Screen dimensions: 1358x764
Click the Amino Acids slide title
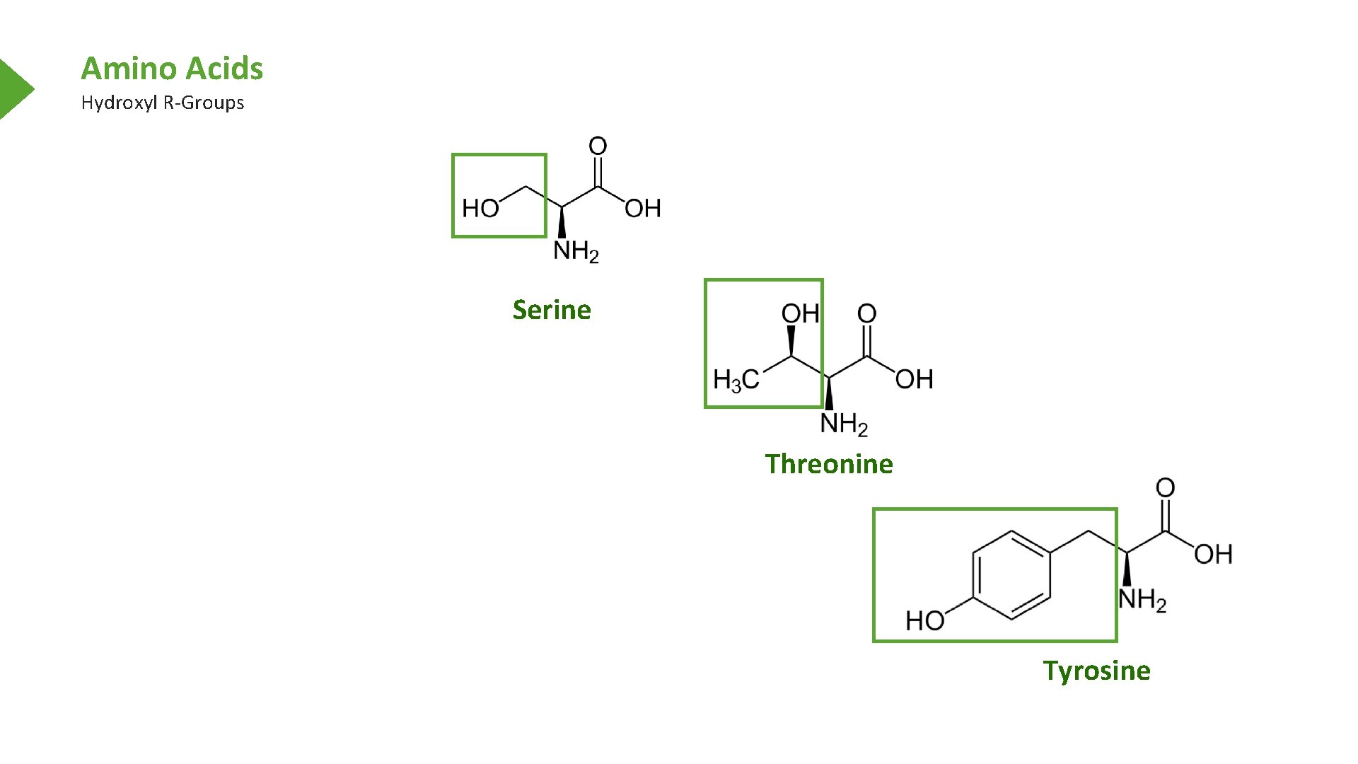pyautogui.click(x=172, y=69)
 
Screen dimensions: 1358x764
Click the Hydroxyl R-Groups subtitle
pyautogui.click(x=162, y=103)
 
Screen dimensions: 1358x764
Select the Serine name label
pyautogui.click(x=552, y=310)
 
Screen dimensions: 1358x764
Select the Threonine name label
pyautogui.click(x=829, y=464)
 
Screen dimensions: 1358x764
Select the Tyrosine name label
pyautogui.click(x=1096, y=671)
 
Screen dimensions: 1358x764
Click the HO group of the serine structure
pyautogui.click(x=480, y=208)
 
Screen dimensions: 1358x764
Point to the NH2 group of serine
pyautogui.click(x=576, y=251)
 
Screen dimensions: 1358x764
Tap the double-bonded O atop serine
pyautogui.click(x=598, y=146)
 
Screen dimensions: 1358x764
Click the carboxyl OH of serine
pyautogui.click(x=642, y=208)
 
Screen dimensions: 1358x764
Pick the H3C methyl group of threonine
pyautogui.click(x=736, y=380)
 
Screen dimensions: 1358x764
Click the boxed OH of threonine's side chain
pyautogui.click(x=800, y=313)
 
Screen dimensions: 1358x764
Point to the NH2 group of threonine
pyautogui.click(x=843, y=424)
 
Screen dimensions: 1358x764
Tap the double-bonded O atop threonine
pyautogui.click(x=866, y=313)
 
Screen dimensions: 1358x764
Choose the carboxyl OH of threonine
pyautogui.click(x=914, y=380)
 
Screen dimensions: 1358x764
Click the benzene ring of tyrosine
pyautogui.click(x=1011, y=575)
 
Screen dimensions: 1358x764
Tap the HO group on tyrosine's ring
pyautogui.click(x=925, y=620)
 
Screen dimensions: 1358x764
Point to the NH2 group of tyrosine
pyautogui.click(x=1142, y=600)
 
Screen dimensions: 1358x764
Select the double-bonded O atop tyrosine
pyautogui.click(x=1165, y=487)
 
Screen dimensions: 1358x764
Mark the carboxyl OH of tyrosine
pyautogui.click(x=1213, y=554)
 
